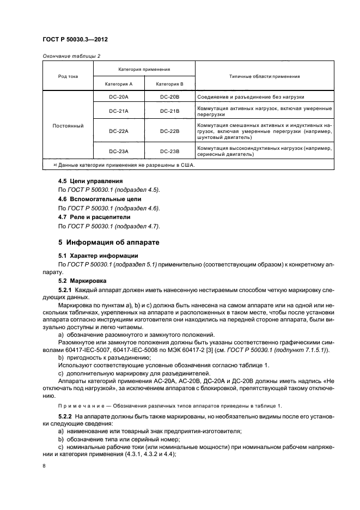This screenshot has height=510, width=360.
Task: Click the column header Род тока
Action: pos(68,76)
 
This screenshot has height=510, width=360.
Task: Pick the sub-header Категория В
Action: pos(169,84)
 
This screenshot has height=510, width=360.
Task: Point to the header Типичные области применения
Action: pos(264,76)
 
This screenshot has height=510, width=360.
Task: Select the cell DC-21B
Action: pos(169,111)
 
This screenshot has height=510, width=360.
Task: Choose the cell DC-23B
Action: pos(169,151)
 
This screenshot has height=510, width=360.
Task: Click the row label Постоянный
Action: pos(68,126)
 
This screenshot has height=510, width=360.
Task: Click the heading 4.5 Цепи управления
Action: pos(90,181)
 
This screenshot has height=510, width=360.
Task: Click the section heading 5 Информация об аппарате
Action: pos(108,241)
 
